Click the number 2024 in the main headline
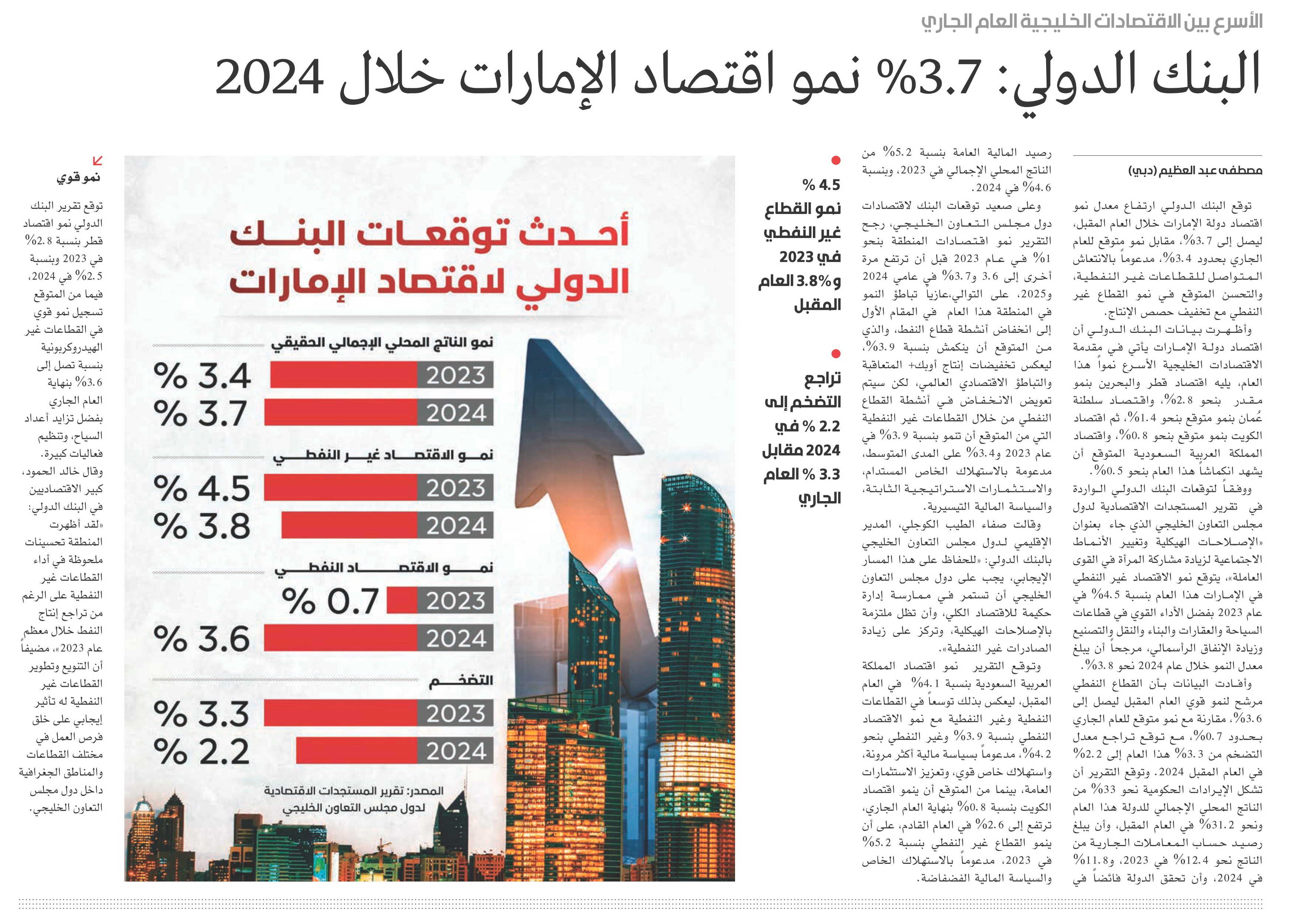point(269,77)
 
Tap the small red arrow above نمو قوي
point(97,161)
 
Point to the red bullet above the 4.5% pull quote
point(835,160)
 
